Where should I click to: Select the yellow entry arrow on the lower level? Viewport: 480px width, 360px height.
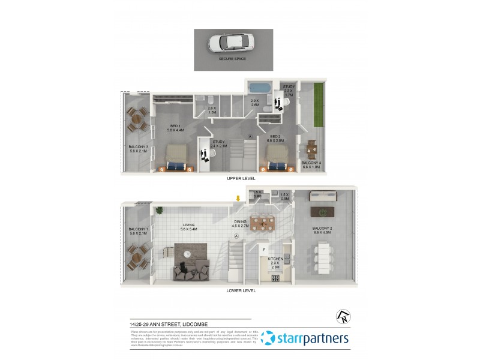pyautogui.click(x=238, y=199)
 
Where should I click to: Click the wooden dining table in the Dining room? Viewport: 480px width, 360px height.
pyautogui.click(x=262, y=223)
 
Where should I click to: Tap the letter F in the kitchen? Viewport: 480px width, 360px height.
pyautogui.click(x=264, y=248)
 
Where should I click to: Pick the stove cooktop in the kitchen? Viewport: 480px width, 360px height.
pyautogui.click(x=276, y=278)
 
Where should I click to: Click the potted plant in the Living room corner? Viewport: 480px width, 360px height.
pyautogui.click(x=160, y=209)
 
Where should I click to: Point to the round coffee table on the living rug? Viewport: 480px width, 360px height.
pyautogui.click(x=188, y=254)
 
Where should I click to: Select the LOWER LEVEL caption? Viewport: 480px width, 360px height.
pyautogui.click(x=241, y=290)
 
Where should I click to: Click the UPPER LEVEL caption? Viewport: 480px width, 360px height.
pyautogui.click(x=241, y=179)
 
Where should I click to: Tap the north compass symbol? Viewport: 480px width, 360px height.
pyautogui.click(x=344, y=316)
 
